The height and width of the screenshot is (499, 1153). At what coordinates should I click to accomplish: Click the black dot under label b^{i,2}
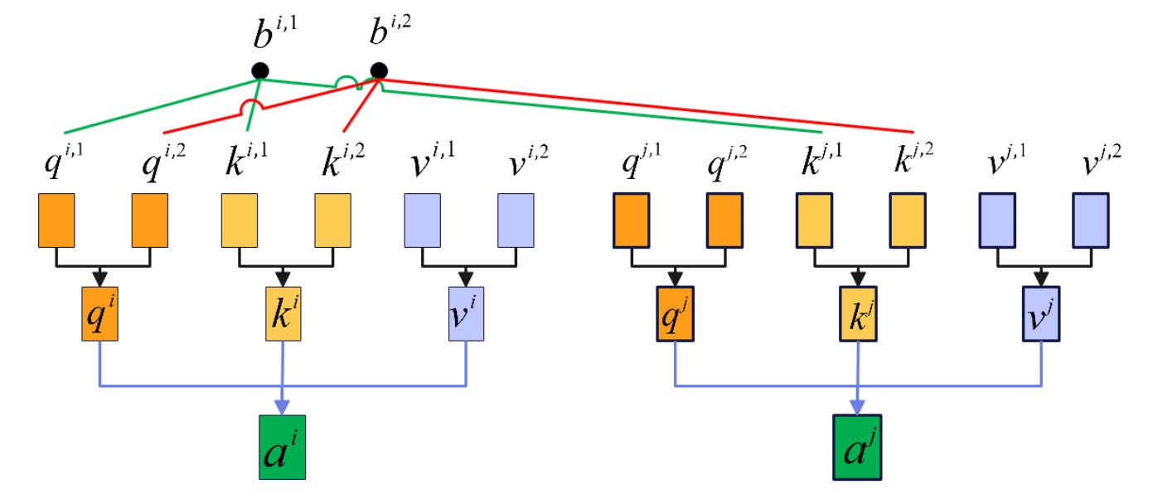click(379, 71)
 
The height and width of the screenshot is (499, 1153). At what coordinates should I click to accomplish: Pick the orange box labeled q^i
click(101, 314)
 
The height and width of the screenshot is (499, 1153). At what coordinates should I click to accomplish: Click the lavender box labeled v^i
click(467, 314)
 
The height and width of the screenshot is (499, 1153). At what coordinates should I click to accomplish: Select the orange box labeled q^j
click(675, 314)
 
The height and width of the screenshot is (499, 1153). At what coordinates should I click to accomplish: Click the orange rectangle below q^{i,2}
click(150, 220)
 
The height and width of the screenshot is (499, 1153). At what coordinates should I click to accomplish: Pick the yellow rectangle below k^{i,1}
click(240, 220)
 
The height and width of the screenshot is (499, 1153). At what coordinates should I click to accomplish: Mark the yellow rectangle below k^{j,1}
click(815, 220)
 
